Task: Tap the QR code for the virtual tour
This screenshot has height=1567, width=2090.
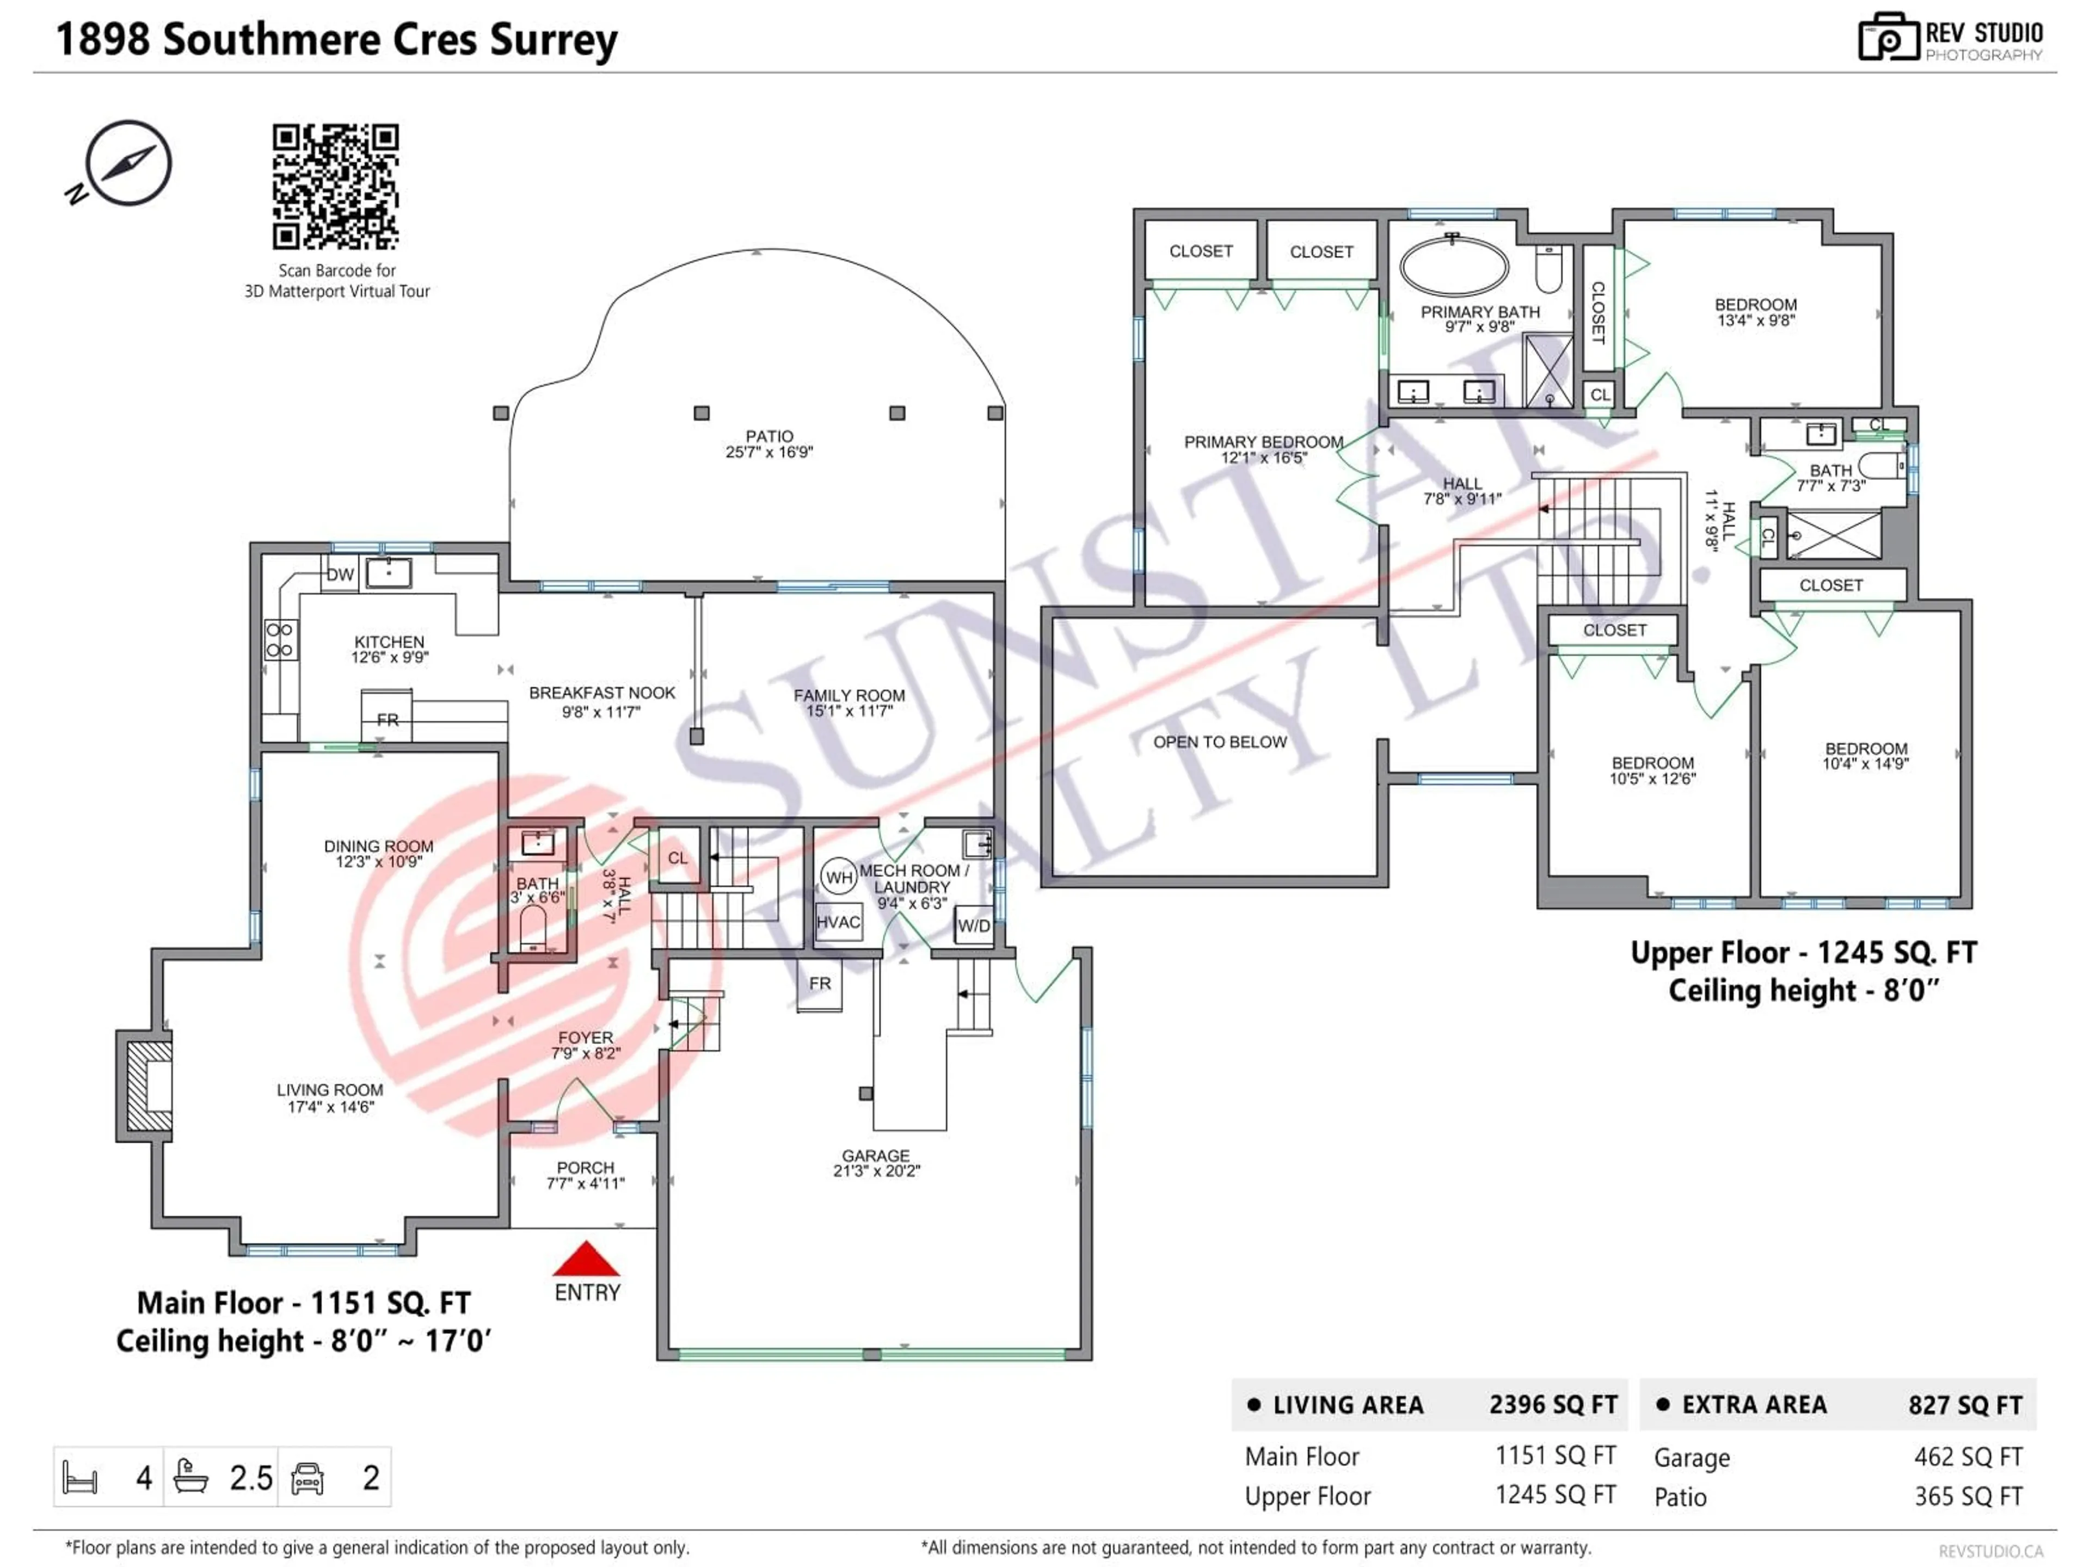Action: coord(335,186)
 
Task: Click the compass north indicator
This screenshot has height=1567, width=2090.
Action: coord(127,163)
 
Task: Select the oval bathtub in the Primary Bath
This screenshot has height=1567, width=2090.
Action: coord(1454,267)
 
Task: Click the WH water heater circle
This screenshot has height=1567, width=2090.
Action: coord(839,878)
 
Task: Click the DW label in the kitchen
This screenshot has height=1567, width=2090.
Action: coord(340,574)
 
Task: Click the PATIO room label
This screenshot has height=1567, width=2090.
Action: coord(769,436)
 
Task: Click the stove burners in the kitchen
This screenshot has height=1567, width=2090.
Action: coord(280,639)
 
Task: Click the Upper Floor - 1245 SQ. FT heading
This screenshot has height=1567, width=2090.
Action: coord(1803,952)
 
